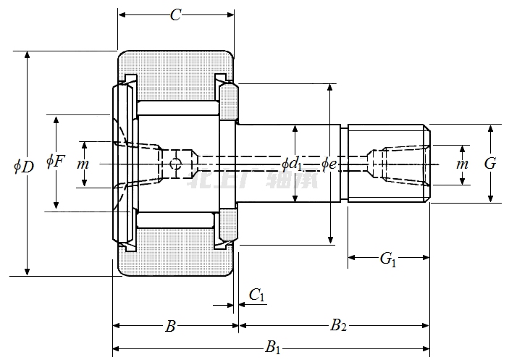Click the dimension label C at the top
(x=175, y=14)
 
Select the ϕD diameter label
(x=24, y=166)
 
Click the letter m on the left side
(x=83, y=164)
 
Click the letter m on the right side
(x=462, y=164)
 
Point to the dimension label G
(x=490, y=164)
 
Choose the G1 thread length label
(x=388, y=257)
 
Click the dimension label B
(x=170, y=327)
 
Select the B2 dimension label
(x=338, y=326)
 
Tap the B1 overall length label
(x=273, y=348)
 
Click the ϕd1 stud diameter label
(x=292, y=164)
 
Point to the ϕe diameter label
(x=330, y=164)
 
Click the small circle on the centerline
(x=174, y=165)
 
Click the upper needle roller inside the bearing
(x=177, y=108)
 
